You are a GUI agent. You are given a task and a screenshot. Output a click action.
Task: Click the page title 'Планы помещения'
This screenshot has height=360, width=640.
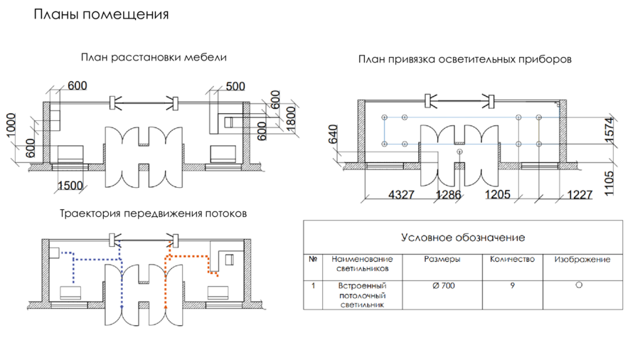pyautogui.click(x=102, y=15)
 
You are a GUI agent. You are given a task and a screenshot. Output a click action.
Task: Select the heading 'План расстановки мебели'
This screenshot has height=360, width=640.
pyautogui.click(x=154, y=58)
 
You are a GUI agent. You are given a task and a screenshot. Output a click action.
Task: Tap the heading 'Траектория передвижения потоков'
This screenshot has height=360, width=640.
pyautogui.click(x=154, y=213)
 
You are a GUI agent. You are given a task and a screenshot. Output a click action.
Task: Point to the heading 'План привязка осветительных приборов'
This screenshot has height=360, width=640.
pyautogui.click(x=465, y=60)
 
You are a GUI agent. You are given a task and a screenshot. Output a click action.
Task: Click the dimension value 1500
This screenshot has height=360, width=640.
pyautogui.click(x=70, y=186)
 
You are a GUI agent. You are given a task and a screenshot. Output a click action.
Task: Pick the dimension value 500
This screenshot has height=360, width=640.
pyautogui.click(x=235, y=86)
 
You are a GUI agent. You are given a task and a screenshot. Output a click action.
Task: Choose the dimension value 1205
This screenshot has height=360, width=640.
pyautogui.click(x=498, y=194)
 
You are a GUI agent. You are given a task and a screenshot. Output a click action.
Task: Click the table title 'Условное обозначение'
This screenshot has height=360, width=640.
pyautogui.click(x=463, y=237)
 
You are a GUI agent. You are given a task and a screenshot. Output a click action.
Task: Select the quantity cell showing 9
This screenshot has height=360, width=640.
pyautogui.click(x=512, y=285)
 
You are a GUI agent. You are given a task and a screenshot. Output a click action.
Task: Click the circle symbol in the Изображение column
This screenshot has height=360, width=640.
pyautogui.click(x=579, y=285)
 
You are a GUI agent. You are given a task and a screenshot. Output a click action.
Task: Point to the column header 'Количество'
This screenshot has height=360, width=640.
pyautogui.click(x=512, y=260)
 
